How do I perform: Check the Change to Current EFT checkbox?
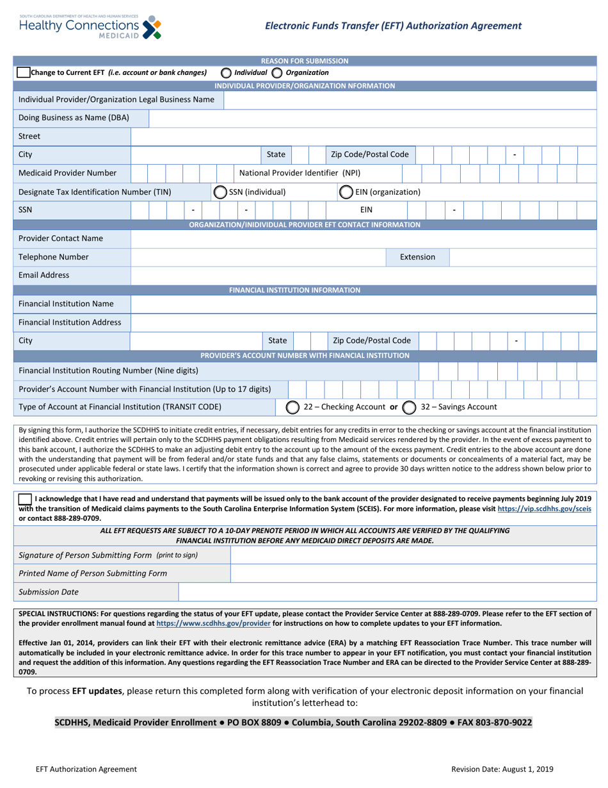point(23,72)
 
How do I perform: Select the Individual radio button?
point(226,72)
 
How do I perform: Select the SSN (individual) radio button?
point(220,192)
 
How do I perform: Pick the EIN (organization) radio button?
point(345,192)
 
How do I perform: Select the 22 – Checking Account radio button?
point(292,407)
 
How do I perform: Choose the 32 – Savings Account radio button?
point(410,407)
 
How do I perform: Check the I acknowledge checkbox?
point(25,498)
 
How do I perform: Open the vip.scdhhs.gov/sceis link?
point(548,508)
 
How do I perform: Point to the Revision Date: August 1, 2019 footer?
point(502,769)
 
